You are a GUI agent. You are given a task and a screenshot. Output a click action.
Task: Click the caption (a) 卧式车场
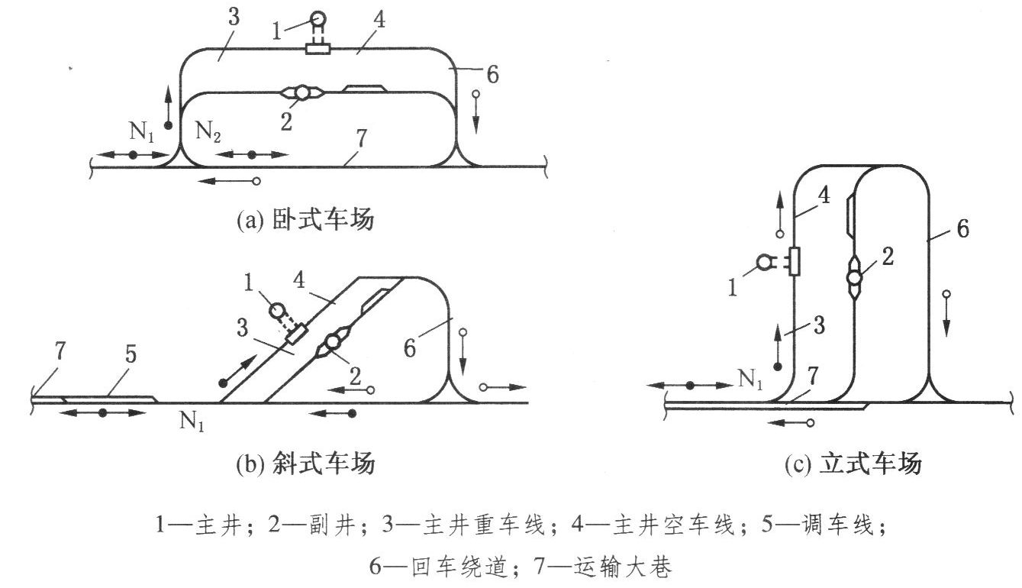coord(305,221)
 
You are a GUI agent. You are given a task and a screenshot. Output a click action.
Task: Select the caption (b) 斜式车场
coord(305,464)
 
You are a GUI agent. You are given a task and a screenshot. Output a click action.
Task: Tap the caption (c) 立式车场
coord(853,464)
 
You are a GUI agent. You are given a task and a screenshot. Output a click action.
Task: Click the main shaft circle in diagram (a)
coord(318,18)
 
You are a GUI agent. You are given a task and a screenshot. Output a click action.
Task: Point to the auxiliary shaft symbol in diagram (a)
coord(302,93)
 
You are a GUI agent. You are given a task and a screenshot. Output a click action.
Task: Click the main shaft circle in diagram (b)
coord(276,311)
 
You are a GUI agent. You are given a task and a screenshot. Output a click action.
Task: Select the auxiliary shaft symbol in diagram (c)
coord(854,273)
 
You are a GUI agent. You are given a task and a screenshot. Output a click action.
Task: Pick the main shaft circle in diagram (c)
coord(764,263)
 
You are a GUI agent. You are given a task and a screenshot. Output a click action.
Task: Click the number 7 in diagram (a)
coord(362,138)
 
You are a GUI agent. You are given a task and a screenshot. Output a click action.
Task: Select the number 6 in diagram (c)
coord(962,228)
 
